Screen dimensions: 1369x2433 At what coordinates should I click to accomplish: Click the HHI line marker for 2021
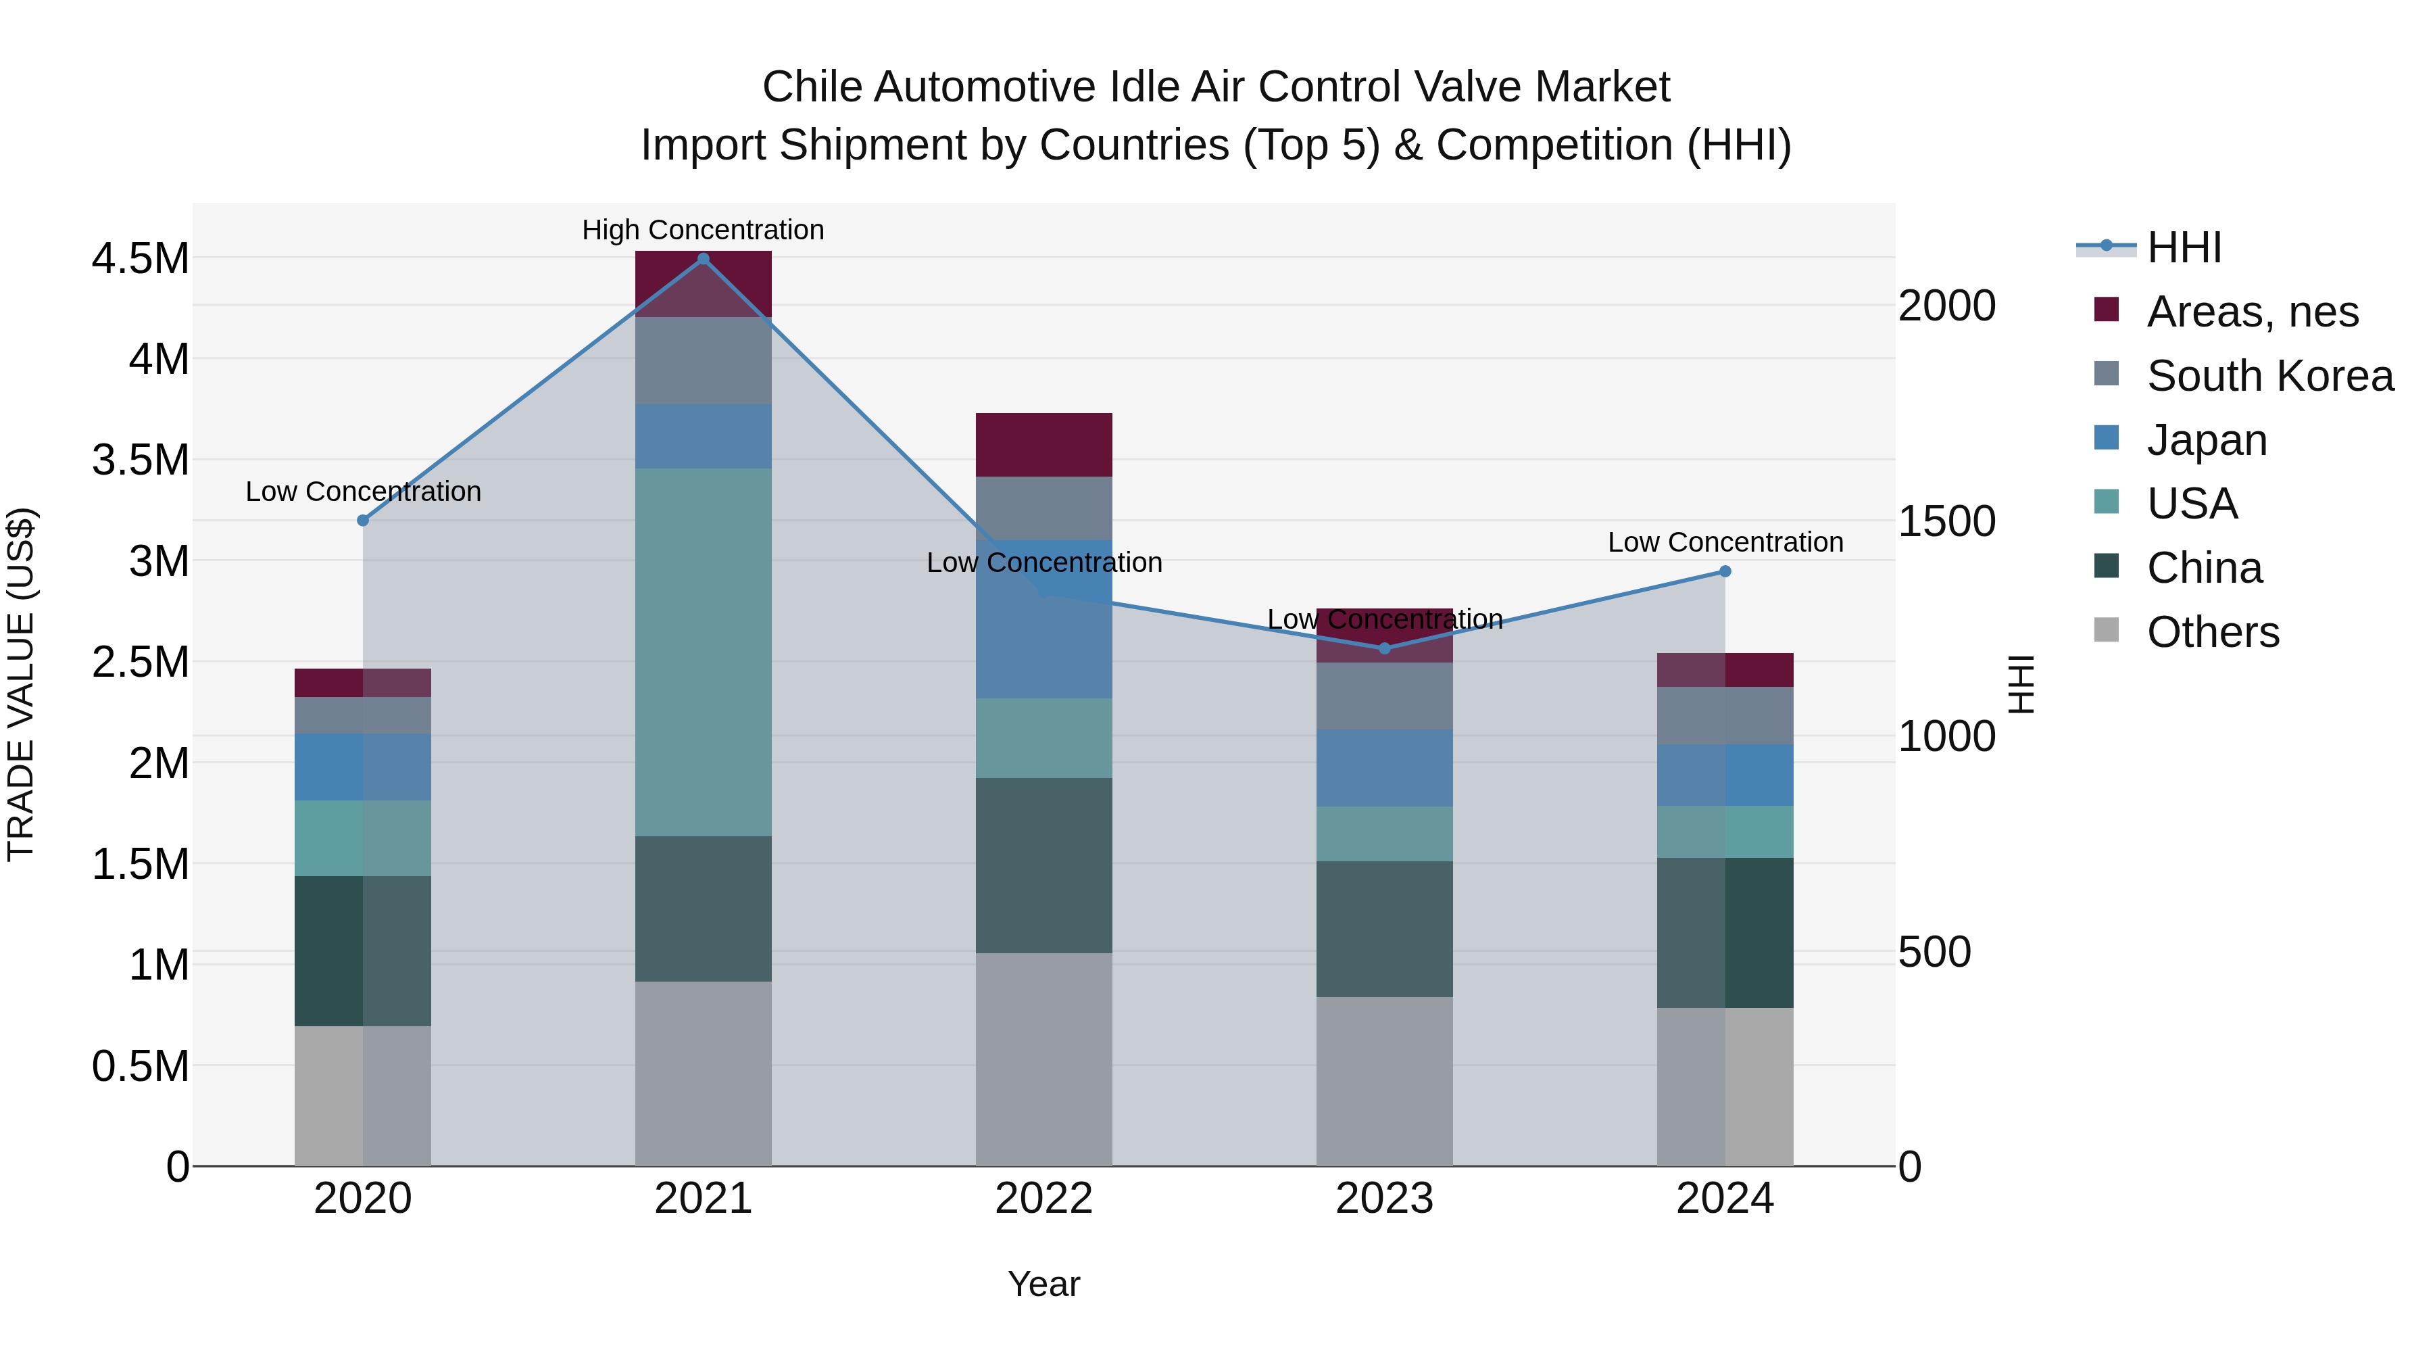[x=703, y=259]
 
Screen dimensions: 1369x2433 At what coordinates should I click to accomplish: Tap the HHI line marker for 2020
[x=363, y=521]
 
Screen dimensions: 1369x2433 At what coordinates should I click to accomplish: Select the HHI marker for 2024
[x=1725, y=571]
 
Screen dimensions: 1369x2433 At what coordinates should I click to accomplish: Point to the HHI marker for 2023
[x=1385, y=649]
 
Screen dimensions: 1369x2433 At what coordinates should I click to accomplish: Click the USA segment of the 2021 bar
[x=703, y=652]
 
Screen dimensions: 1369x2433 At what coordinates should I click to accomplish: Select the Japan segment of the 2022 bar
[x=1043, y=619]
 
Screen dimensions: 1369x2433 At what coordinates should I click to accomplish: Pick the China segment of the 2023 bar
[x=1385, y=929]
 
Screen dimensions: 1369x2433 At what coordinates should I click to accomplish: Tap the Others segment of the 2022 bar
[x=1043, y=1058]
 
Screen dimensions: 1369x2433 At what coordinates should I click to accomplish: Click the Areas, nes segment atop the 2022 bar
[x=1043, y=445]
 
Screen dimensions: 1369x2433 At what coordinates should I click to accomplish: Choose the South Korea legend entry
[x=2269, y=376]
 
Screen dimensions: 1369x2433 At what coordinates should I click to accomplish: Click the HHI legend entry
[x=2184, y=247]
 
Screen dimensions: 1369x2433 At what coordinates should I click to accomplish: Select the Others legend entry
[x=2212, y=632]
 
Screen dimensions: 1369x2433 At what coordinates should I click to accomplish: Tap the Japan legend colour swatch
[x=2106, y=438]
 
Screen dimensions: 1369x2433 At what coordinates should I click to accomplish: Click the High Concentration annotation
[x=703, y=231]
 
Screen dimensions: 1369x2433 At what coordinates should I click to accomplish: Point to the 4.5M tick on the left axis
[x=140, y=259]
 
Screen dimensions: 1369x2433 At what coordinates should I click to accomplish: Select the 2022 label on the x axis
[x=1043, y=1199]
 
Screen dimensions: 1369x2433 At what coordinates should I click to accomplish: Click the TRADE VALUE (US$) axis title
[x=21, y=684]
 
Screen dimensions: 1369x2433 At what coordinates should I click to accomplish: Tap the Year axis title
[x=1043, y=1284]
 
